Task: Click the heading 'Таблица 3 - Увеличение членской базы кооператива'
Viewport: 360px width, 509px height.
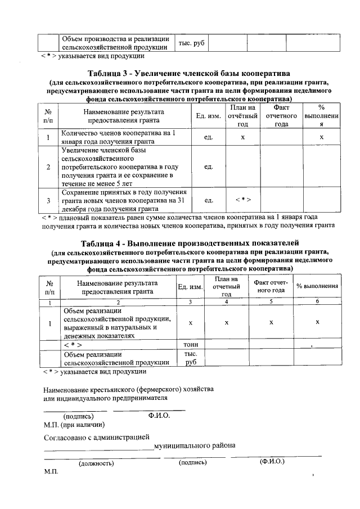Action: (x=188, y=74)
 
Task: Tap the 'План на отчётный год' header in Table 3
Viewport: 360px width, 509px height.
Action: (x=242, y=116)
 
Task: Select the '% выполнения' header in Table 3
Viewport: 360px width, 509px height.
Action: (x=321, y=116)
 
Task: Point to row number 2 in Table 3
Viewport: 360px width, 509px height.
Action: (x=48, y=167)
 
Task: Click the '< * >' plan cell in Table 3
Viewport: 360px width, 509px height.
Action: (x=242, y=200)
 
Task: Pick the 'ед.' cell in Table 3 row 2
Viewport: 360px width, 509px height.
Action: (x=208, y=167)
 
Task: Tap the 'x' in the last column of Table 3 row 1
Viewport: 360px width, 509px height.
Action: (x=321, y=137)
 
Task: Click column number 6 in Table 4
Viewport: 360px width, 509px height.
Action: (x=317, y=302)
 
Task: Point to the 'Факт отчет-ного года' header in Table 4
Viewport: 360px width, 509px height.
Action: (x=271, y=286)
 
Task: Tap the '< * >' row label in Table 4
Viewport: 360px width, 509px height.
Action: (x=73, y=344)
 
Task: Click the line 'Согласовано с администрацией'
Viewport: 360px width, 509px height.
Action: (x=97, y=436)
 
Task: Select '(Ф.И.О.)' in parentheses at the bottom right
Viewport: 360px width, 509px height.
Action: (x=272, y=462)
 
